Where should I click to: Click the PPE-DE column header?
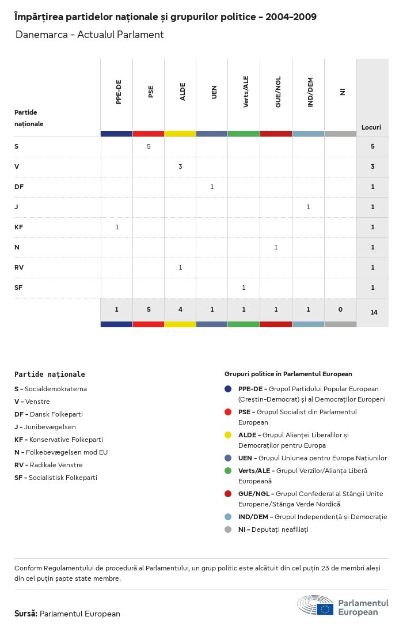click(119, 92)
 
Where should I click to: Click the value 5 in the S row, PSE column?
click(149, 146)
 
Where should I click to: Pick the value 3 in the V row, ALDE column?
click(180, 167)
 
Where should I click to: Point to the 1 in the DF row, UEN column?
click(212, 187)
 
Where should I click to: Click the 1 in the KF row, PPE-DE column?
click(117, 227)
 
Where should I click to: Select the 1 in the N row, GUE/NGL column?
click(276, 247)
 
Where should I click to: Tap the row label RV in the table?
click(18, 267)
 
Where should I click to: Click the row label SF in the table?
click(18, 287)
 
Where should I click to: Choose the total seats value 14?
click(374, 312)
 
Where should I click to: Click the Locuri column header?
click(371, 127)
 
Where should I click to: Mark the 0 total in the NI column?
click(340, 309)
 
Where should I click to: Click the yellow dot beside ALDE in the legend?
click(229, 435)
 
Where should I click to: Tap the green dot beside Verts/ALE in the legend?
click(229, 471)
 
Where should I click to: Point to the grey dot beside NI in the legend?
click(229, 529)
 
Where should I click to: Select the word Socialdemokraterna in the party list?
click(55, 389)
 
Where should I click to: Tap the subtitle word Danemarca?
click(36, 35)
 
